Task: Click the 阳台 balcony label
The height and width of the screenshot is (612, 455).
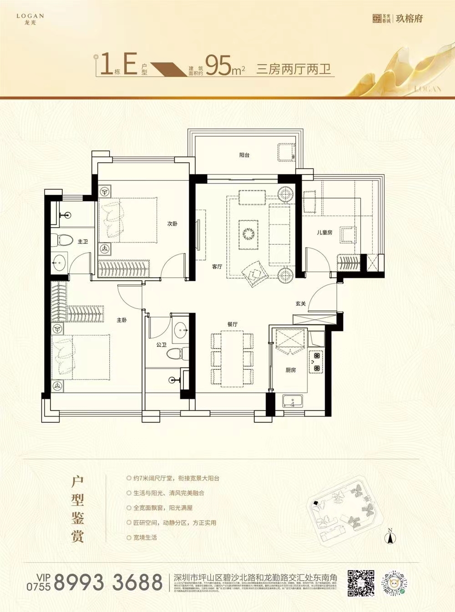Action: tap(244, 155)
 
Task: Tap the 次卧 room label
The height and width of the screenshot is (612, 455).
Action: tap(172, 224)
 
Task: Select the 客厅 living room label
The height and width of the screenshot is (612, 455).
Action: tap(217, 267)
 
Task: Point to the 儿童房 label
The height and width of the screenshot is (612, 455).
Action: tap(324, 232)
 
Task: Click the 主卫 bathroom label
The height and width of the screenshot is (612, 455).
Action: tap(82, 242)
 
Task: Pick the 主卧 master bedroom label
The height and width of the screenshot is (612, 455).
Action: tap(121, 320)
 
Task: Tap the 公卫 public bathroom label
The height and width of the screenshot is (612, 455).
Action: tap(162, 345)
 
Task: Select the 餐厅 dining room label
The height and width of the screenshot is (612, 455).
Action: tap(233, 324)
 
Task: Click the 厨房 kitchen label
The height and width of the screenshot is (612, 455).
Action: tap(290, 370)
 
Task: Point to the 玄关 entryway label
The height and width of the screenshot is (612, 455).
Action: tap(300, 304)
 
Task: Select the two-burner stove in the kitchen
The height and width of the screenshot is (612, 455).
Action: tap(315, 362)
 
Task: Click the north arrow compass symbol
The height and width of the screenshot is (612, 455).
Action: tap(390, 536)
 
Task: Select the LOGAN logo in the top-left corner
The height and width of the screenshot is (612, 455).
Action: tap(30, 18)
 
